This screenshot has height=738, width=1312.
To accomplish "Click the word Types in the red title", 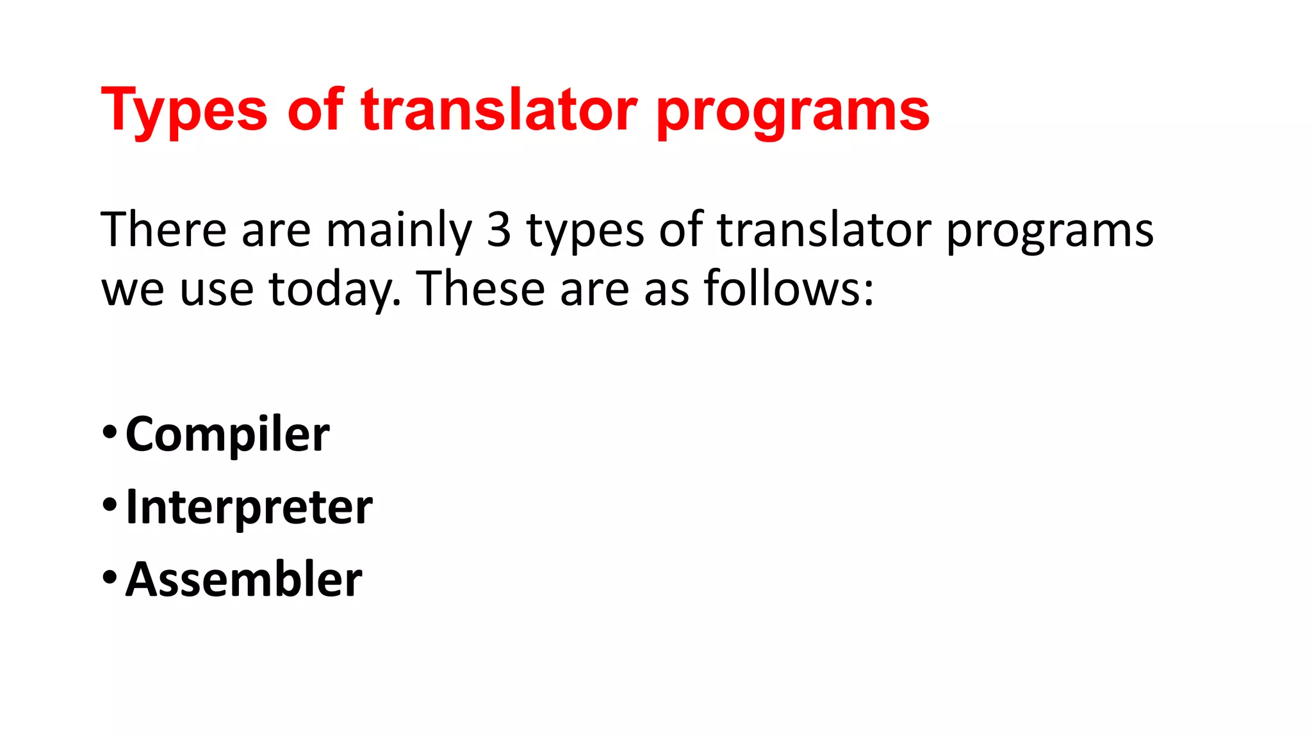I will (184, 110).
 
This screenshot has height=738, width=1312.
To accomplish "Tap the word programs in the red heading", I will (793, 111).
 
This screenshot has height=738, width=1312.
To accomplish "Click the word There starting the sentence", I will (163, 229).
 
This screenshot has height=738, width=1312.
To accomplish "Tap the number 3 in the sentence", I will (499, 229).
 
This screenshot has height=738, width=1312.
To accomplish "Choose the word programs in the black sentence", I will (1050, 232).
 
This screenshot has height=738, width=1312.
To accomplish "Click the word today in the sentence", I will (334, 290).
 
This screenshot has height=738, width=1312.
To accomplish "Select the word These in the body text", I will (481, 288).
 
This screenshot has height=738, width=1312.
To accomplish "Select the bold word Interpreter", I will (249, 507).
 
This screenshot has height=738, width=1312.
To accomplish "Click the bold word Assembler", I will (243, 579).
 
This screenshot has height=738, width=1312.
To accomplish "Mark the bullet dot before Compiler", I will (110, 432).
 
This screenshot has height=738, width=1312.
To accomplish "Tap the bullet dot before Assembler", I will (110, 577).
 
